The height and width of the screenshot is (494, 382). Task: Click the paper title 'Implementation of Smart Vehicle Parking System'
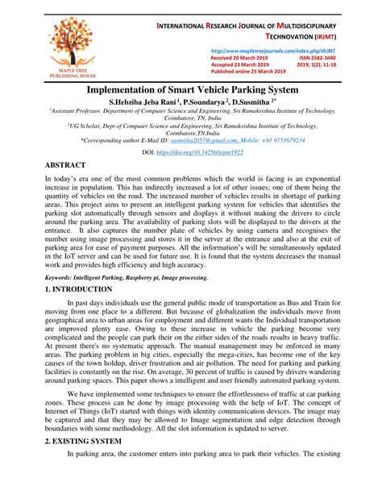(x=190, y=93)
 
